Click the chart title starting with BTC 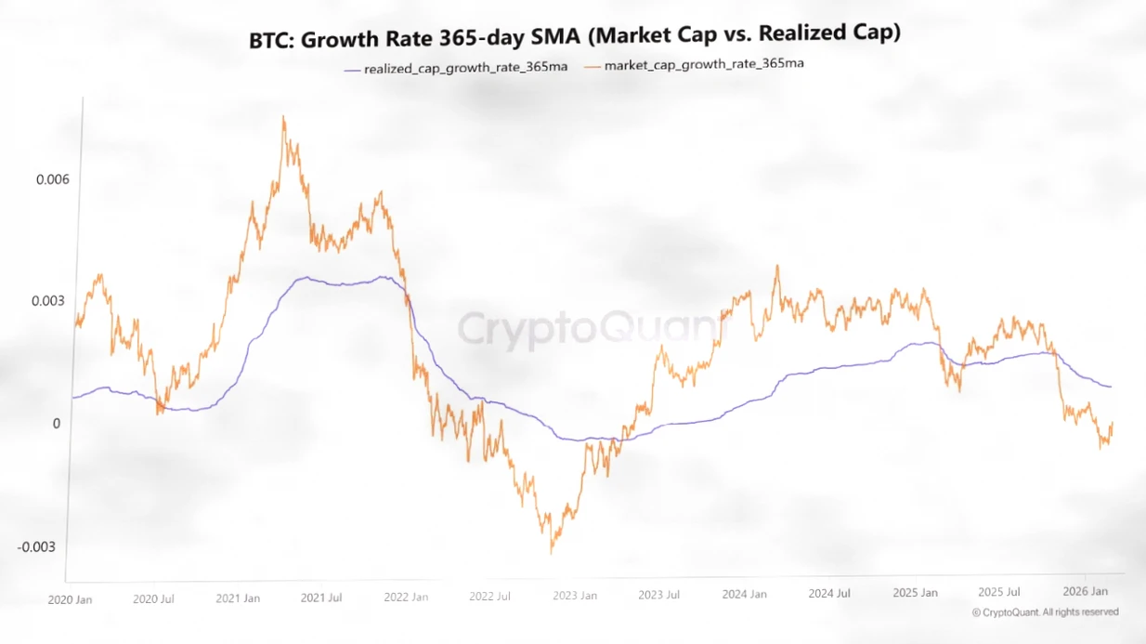pos(575,38)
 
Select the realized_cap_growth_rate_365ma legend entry pos(459,68)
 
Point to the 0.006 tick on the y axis pos(53,179)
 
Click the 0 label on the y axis pos(55,424)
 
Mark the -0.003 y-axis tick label pos(38,546)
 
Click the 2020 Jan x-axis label pos(70,600)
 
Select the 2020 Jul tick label pos(154,599)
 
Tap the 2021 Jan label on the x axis pos(238,598)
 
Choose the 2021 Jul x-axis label pos(321,598)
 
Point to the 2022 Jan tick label pos(406,597)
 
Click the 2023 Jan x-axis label pos(575,596)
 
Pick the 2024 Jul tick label pos(828,593)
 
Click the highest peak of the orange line pos(283,117)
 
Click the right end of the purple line pos(1111,387)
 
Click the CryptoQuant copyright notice pos(1045,612)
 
